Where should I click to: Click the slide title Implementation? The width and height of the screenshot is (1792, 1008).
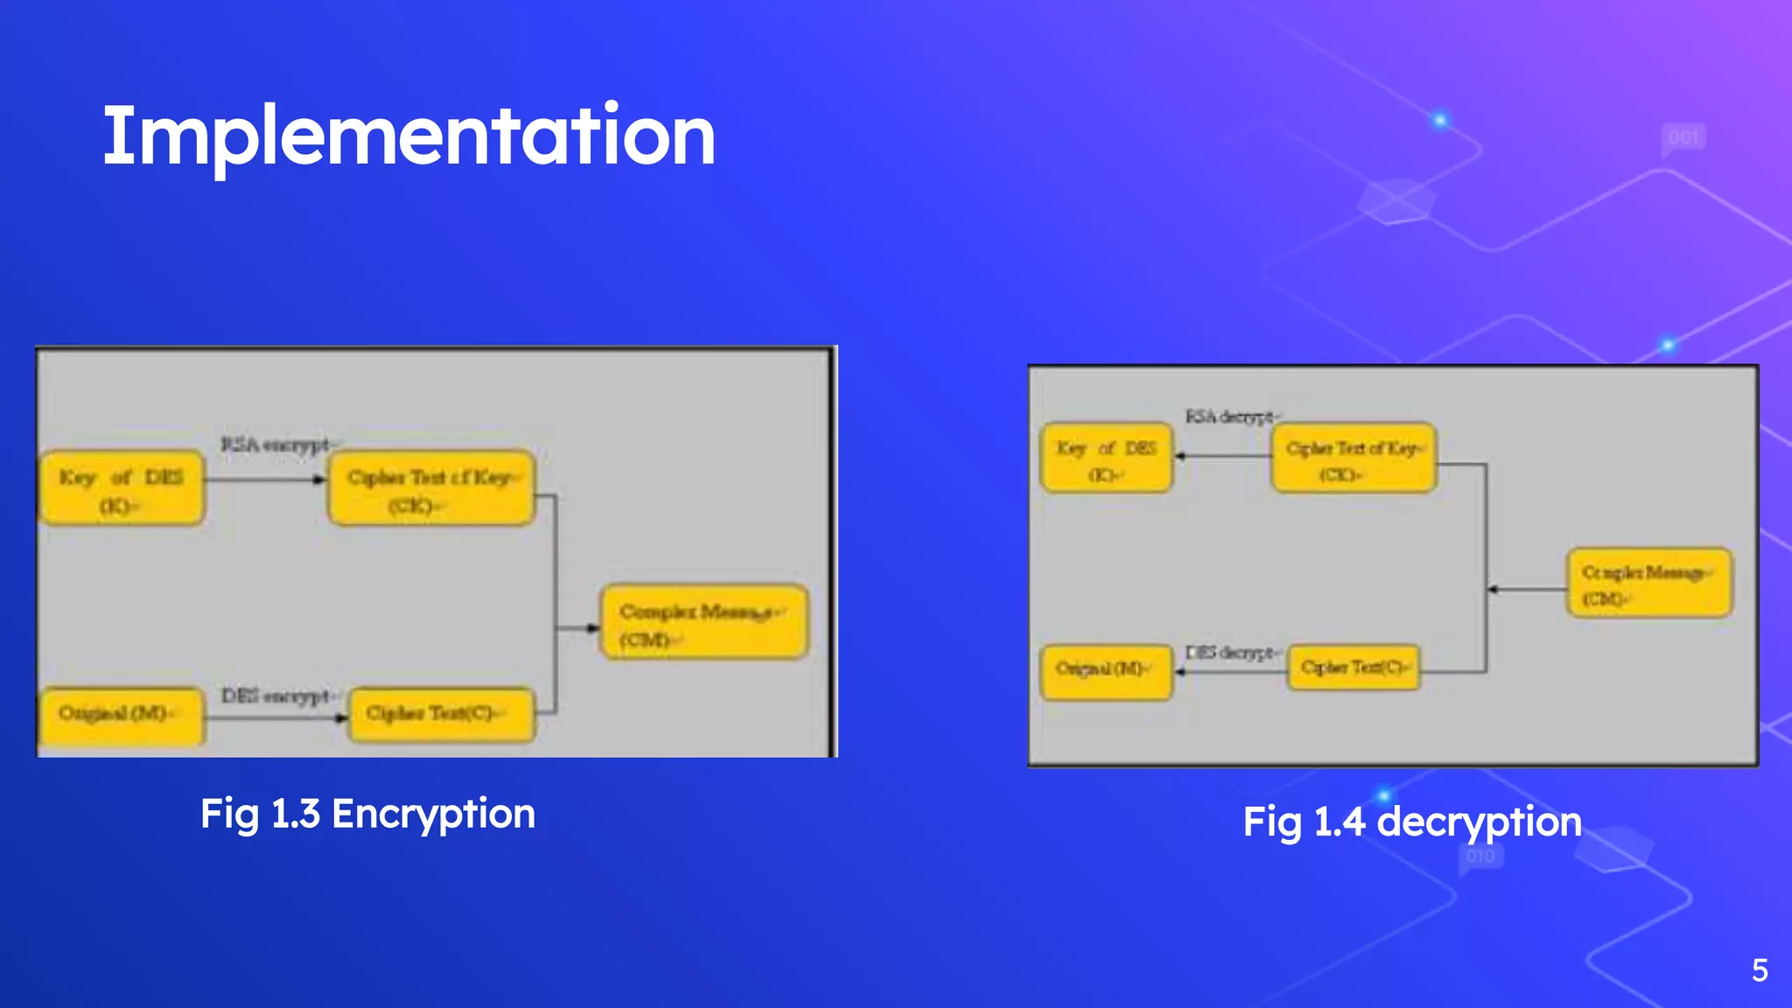click(x=409, y=136)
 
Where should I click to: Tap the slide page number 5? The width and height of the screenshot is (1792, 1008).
click(x=1760, y=970)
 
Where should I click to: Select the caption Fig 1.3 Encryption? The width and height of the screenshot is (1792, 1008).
click(x=367, y=814)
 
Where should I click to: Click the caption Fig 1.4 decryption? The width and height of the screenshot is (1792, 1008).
click(x=1411, y=822)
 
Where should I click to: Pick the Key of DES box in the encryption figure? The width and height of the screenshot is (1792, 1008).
click(x=122, y=489)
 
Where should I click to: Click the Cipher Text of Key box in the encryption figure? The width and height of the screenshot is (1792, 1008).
click(x=430, y=489)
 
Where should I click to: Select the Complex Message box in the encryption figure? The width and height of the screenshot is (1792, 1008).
click(x=703, y=623)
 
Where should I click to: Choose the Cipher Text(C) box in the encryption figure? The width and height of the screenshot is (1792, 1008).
click(x=441, y=714)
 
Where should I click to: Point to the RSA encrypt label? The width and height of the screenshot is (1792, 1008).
click(x=276, y=444)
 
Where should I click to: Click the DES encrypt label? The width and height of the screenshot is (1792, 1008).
click(x=276, y=696)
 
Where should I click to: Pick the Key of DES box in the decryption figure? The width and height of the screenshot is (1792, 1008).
click(x=1106, y=458)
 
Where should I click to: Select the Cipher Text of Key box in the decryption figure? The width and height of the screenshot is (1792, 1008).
click(x=1353, y=458)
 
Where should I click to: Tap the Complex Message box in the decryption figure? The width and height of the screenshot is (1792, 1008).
click(x=1648, y=583)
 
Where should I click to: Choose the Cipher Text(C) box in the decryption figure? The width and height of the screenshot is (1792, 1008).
click(x=1354, y=668)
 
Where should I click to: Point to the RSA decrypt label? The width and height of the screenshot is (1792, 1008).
click(x=1230, y=416)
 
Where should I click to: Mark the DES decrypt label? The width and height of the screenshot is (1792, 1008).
click(x=1230, y=653)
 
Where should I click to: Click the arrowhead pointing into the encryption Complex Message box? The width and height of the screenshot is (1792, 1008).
click(x=593, y=627)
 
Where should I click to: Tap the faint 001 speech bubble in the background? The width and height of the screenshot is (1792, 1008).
click(x=1683, y=138)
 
